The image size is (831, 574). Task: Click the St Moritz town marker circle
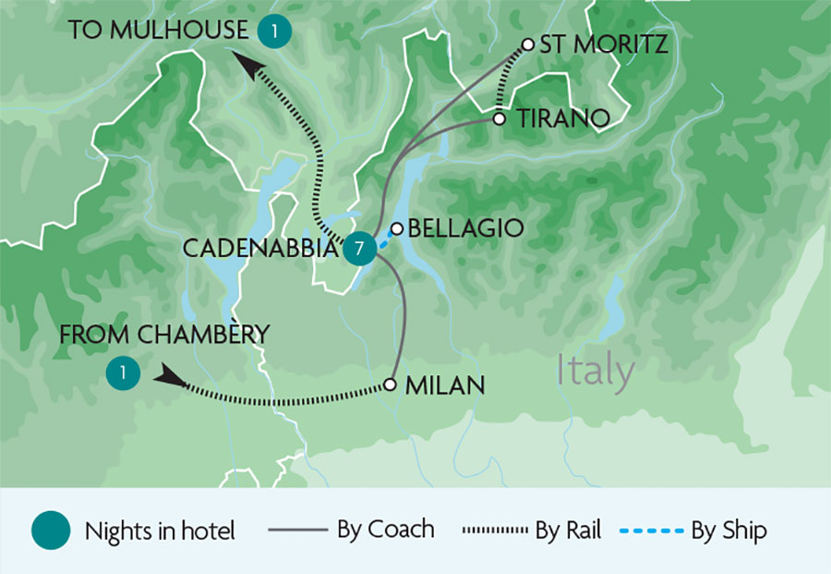tap(528, 43)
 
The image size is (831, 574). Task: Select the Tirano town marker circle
tap(500, 118)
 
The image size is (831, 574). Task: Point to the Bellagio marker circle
tap(397, 228)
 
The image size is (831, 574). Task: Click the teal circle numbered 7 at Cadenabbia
tap(357, 249)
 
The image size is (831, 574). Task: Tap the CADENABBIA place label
tap(260, 249)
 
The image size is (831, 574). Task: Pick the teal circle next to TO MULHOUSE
tap(274, 31)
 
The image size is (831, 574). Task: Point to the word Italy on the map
tap(596, 372)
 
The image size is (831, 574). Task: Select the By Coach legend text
tap(386, 530)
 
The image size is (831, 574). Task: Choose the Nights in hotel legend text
tap(160, 531)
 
